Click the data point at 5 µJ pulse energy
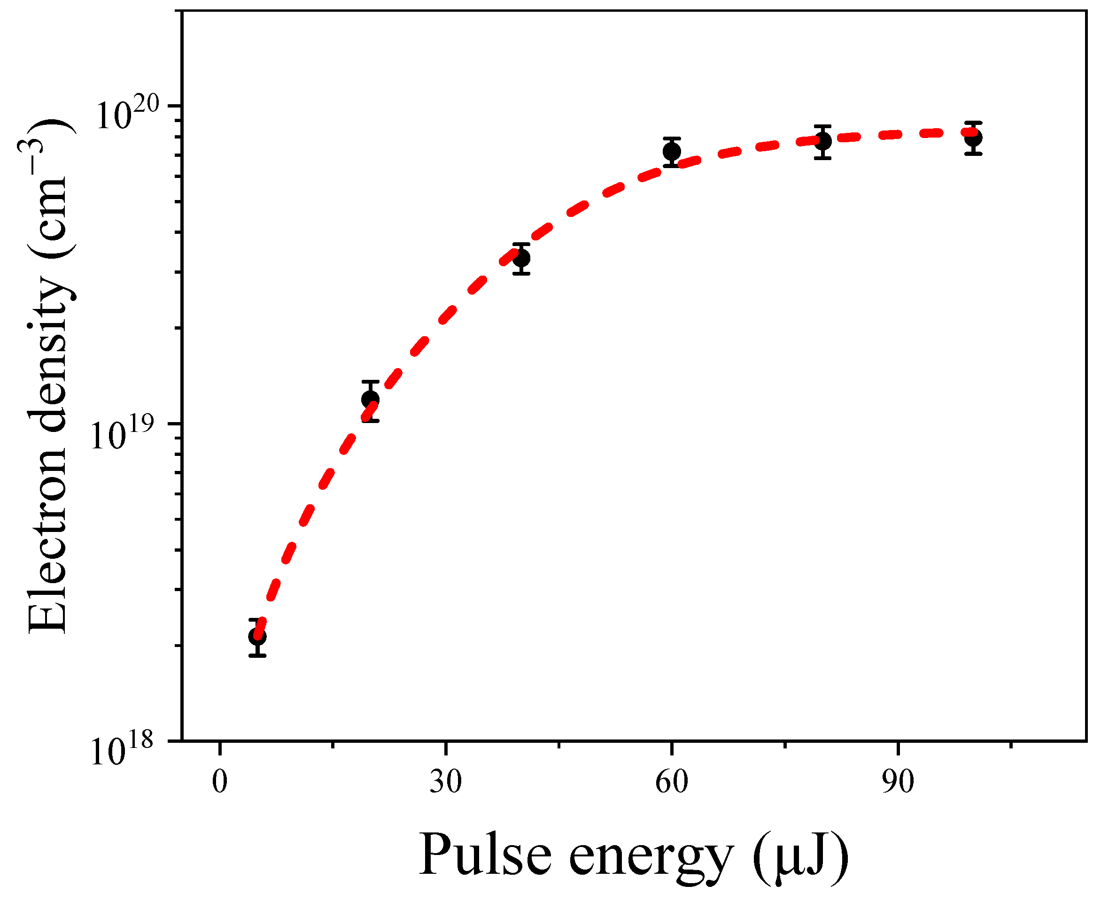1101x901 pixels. tap(257, 636)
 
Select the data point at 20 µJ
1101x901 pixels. tap(370, 400)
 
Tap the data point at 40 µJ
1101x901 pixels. tap(521, 257)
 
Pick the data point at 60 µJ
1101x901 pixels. tap(672, 152)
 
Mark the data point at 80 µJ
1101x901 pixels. tap(823, 141)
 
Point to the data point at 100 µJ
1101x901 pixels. tap(973, 138)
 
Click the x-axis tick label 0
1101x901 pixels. tap(220, 782)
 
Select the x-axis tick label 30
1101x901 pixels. tap(445, 782)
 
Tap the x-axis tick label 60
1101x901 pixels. tap(671, 782)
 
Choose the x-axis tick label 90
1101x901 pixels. tap(898, 782)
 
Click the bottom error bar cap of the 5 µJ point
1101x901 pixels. tap(257, 656)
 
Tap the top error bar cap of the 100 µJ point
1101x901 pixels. tap(973, 123)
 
